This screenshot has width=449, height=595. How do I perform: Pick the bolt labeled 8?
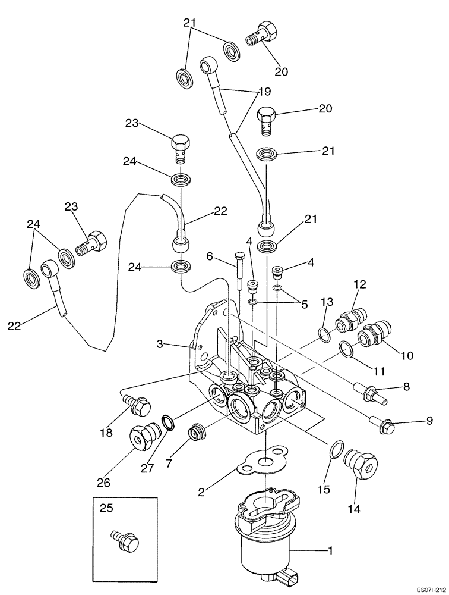tap(371, 392)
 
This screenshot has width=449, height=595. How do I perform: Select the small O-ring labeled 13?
tap(321, 336)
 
